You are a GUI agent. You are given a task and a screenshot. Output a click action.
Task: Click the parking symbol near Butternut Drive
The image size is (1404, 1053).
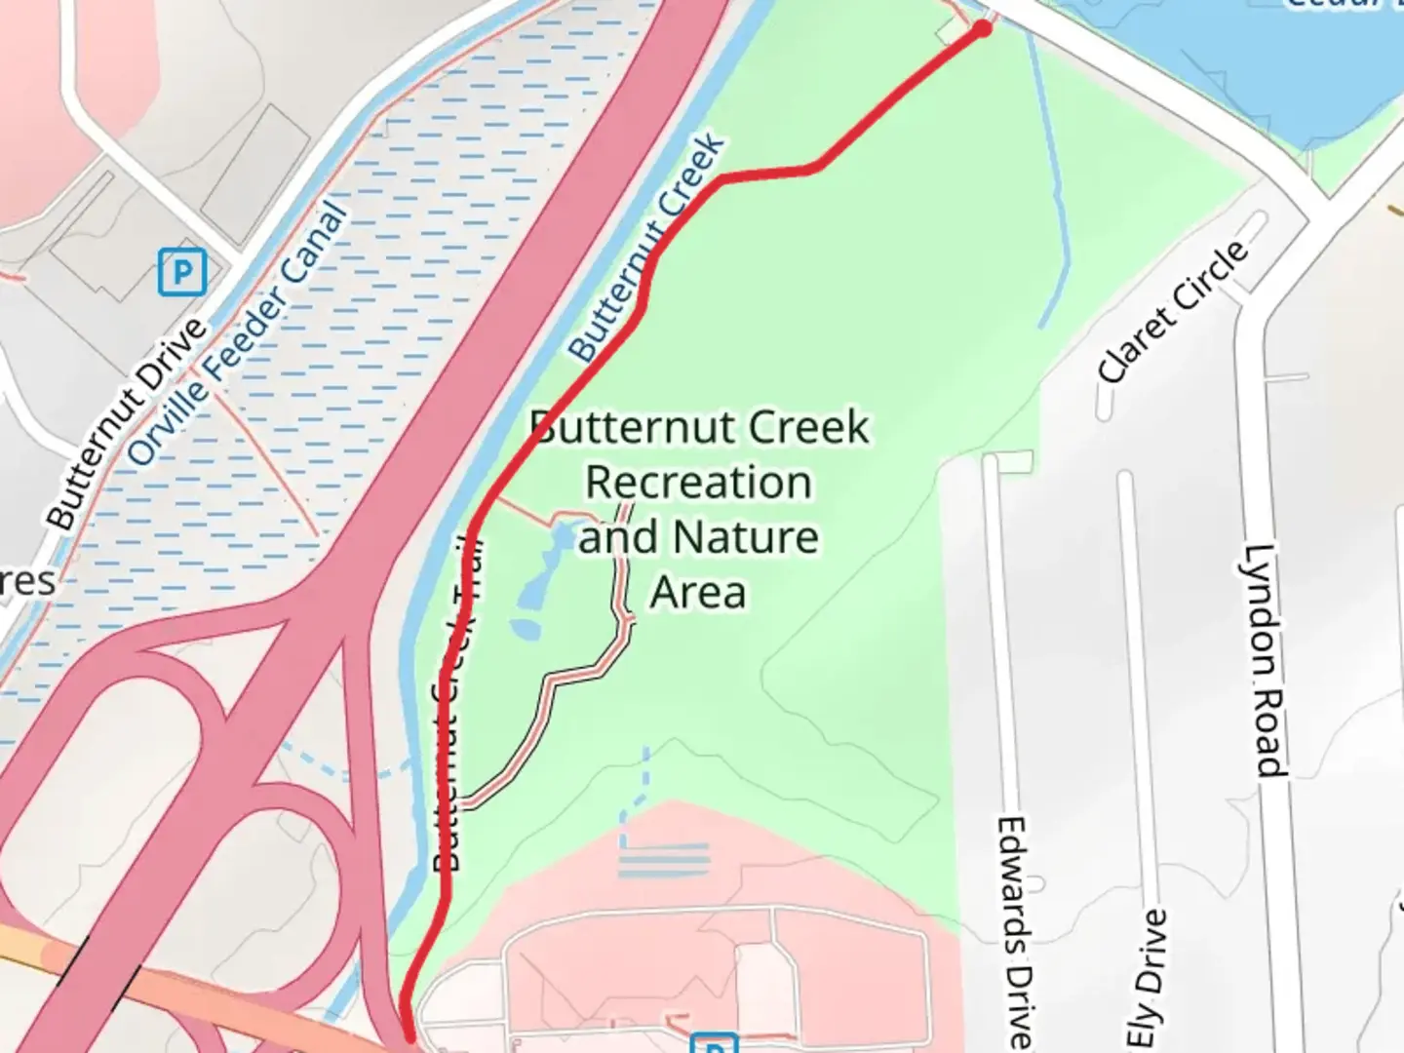182,272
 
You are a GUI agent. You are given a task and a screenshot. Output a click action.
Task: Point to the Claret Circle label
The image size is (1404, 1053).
1173,311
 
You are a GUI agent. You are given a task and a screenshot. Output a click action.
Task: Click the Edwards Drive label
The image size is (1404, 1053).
1014,931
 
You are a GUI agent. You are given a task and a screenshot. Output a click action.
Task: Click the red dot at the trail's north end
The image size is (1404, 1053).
982,29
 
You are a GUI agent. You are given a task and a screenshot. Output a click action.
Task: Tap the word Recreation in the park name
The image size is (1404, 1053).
698,483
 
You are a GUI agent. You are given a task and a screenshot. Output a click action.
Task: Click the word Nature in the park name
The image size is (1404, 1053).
746,537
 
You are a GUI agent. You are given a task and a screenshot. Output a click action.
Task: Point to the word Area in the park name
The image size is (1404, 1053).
698,592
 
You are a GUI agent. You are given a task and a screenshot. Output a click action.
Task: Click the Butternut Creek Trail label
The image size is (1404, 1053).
455,702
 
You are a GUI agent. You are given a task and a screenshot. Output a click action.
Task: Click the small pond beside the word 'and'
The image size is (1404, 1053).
563,537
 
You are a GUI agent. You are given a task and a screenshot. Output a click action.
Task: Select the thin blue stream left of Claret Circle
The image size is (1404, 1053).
1058,195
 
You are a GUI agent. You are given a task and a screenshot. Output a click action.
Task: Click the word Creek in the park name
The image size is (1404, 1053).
813,427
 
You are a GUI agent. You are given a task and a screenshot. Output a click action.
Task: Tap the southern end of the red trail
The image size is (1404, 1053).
409,1038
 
